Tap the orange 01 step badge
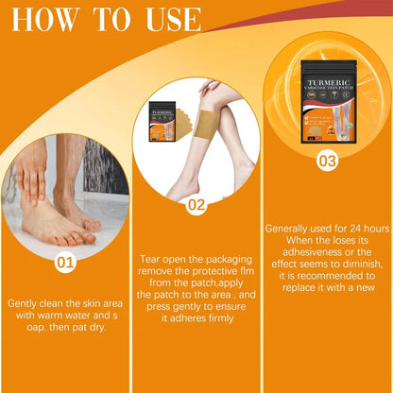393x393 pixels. pos(63,261)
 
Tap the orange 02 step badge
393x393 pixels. pos(195,202)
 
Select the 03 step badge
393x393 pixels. pos(326,161)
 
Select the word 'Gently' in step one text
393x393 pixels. pos(27,303)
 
